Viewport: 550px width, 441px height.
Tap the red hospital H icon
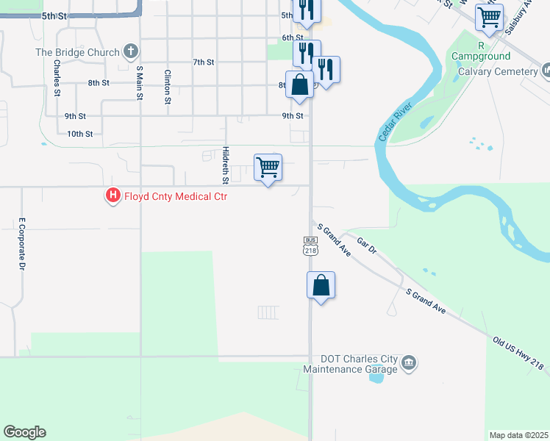113,196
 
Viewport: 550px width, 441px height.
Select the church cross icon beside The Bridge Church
130,52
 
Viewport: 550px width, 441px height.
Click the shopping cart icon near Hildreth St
268,168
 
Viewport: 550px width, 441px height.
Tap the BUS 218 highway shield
310,245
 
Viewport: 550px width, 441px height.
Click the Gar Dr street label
366,245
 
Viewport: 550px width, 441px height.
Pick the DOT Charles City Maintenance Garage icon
410,362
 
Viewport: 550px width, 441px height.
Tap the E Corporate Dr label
22,243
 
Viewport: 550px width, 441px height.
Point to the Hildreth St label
226,165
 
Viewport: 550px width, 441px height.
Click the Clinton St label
168,85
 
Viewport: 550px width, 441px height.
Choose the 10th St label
79,134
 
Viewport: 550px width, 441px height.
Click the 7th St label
203,62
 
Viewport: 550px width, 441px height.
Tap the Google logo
24,432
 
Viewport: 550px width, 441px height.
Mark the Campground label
481,56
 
